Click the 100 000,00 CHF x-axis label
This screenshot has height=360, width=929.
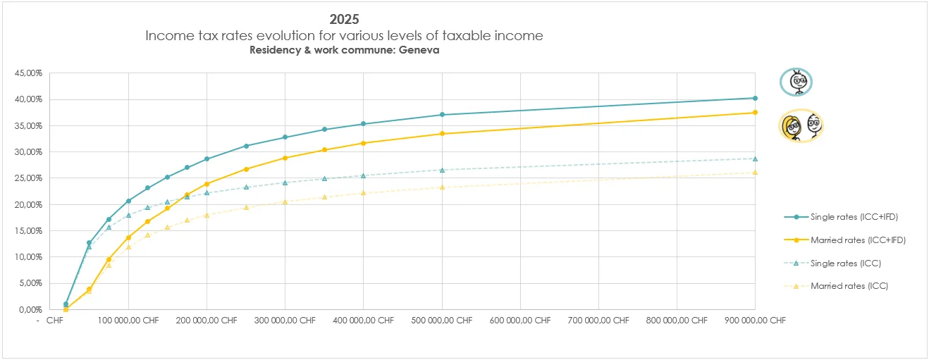point(128,320)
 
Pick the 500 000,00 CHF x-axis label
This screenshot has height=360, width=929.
point(441,320)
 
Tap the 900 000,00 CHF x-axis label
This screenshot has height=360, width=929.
point(755,320)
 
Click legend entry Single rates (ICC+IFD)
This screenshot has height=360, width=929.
point(858,216)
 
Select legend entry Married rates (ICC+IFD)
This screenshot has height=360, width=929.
point(858,240)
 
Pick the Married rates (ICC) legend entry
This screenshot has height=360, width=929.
point(849,286)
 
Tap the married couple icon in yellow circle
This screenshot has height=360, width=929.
point(801,126)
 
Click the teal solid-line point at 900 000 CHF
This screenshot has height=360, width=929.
point(755,98)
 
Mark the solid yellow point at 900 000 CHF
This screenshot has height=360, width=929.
point(755,113)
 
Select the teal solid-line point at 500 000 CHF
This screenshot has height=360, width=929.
point(442,115)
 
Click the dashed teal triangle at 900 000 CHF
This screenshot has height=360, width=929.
point(755,159)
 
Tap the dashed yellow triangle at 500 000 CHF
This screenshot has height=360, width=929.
point(442,187)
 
